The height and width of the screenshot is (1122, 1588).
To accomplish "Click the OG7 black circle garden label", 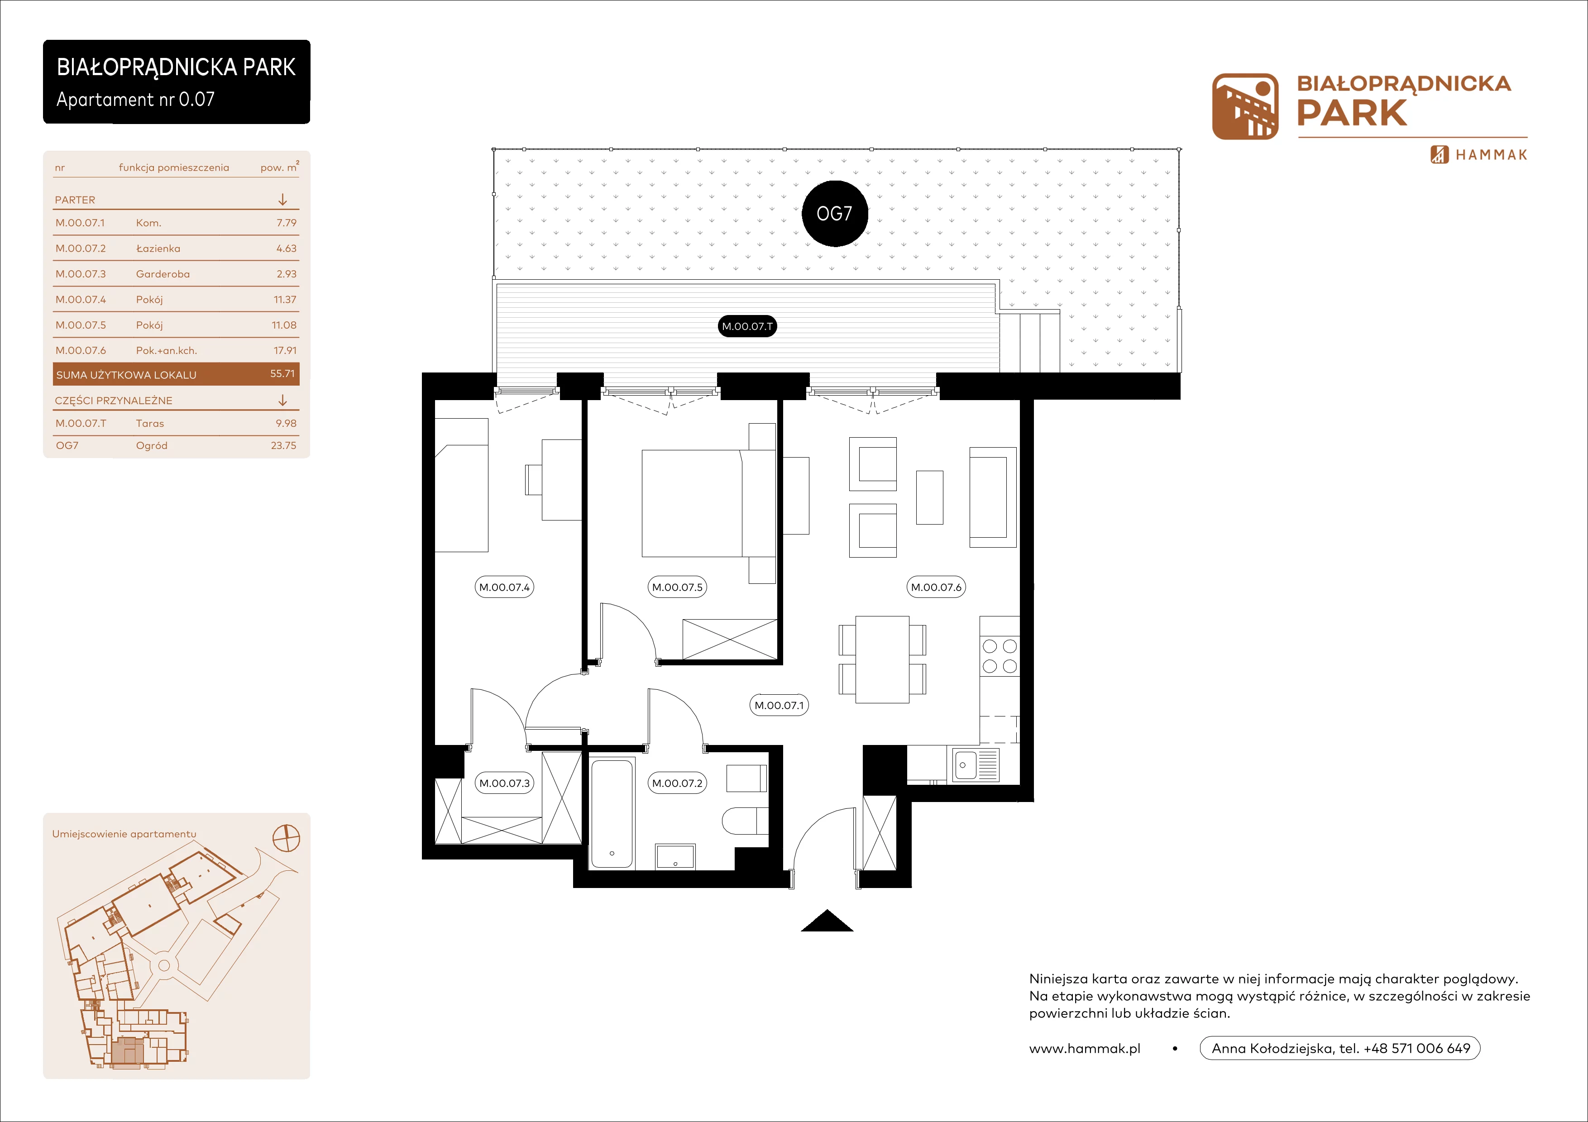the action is tap(834, 214).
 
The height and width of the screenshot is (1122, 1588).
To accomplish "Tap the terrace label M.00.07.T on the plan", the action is tap(747, 326).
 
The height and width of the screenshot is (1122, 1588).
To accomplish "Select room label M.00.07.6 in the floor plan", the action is tap(936, 587).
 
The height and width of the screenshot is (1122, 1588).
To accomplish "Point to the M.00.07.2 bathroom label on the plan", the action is tap(677, 783).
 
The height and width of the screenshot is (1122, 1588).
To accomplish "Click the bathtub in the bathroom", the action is tap(612, 814).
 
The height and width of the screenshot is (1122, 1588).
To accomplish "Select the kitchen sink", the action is tap(976, 764).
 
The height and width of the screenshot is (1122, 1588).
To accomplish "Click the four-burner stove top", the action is tap(1000, 656).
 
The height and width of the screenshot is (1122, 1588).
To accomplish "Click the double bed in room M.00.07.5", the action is tap(708, 503).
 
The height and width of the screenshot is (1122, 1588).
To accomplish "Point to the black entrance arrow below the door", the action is tap(827, 921).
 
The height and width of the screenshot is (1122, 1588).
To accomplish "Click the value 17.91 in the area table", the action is tap(285, 350).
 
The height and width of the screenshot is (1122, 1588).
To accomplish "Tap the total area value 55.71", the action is tap(282, 373).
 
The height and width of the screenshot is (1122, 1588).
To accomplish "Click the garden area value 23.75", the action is tap(283, 445).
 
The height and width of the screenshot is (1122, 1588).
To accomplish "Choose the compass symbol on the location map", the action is tap(287, 838).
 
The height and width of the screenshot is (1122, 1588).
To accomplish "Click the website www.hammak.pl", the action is tap(1085, 1048).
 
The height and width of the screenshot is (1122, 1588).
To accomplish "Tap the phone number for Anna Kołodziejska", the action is tap(1416, 1048).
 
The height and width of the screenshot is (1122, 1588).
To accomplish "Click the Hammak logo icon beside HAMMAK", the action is tap(1440, 154).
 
